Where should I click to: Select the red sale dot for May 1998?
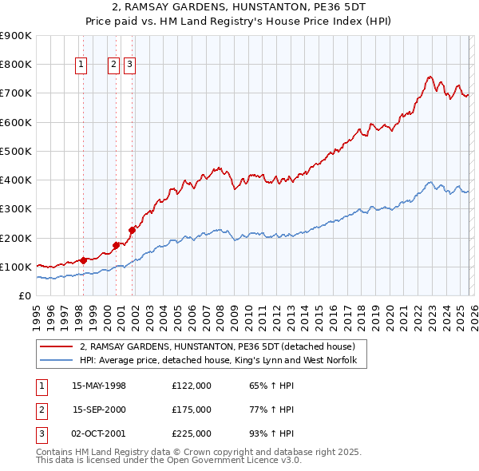point(83,259)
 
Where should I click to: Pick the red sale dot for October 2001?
point(132,230)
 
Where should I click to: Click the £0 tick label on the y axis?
point(26,295)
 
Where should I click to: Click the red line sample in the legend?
point(57,347)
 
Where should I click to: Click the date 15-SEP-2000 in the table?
point(99,410)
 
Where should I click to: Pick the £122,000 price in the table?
point(191,386)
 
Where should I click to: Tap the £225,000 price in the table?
point(191,433)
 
